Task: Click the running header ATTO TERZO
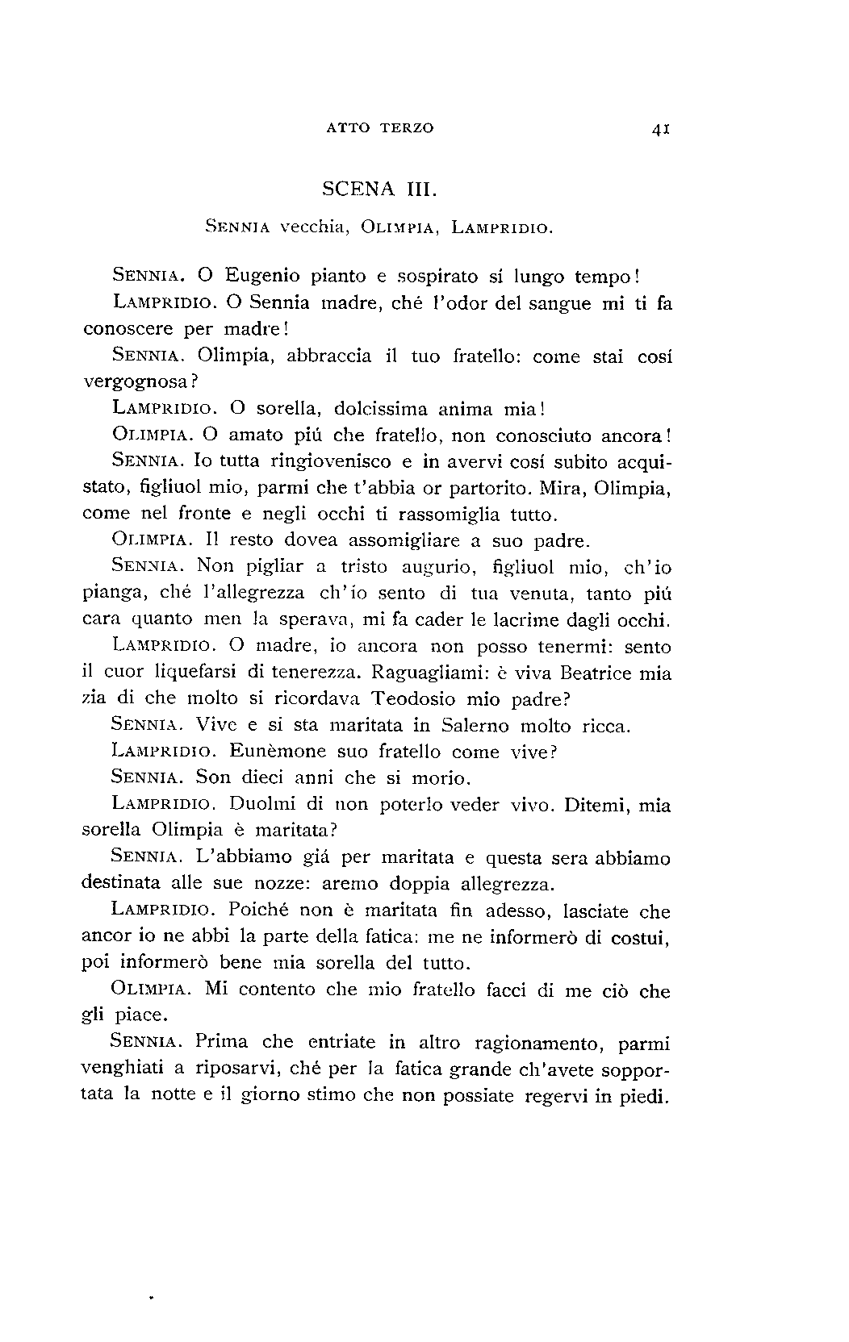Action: click(x=381, y=127)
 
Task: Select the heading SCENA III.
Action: click(x=379, y=190)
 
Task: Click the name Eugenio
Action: click(x=264, y=276)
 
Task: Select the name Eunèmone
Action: click(x=278, y=752)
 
